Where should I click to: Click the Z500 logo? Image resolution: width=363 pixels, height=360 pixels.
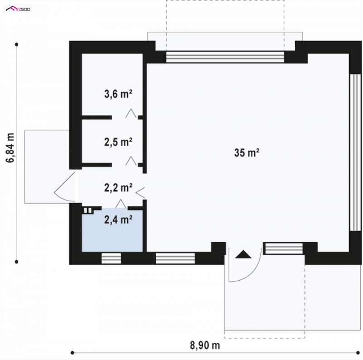pyautogui.click(x=18, y=9)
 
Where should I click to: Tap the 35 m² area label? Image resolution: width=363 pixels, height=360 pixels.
pyautogui.click(x=246, y=153)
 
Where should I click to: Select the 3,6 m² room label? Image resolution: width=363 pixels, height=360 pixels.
pyautogui.click(x=118, y=94)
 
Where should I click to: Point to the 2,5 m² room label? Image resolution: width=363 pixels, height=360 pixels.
pyautogui.click(x=118, y=142)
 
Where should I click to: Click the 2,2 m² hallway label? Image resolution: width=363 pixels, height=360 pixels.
pyautogui.click(x=118, y=188)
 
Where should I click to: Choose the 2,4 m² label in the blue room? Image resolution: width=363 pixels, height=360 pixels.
pyautogui.click(x=118, y=219)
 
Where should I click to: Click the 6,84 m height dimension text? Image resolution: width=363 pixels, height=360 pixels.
pyautogui.click(x=10, y=148)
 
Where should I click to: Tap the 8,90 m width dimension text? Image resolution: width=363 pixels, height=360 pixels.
pyautogui.click(x=205, y=345)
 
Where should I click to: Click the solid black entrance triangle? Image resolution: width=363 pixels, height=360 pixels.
pyautogui.click(x=243, y=254)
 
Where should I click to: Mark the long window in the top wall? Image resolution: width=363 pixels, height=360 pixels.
pyautogui.click(x=225, y=57)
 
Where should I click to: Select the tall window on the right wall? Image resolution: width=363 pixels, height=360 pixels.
pyautogui.click(x=355, y=152)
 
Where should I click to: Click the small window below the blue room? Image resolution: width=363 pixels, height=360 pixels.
pyautogui.click(x=111, y=258)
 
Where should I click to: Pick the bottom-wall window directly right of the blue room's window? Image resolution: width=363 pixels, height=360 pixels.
pyautogui.click(x=175, y=258)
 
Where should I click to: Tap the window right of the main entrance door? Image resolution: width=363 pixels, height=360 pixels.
pyautogui.click(x=284, y=248)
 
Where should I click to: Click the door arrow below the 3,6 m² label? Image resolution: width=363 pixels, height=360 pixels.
pyautogui.click(x=131, y=113)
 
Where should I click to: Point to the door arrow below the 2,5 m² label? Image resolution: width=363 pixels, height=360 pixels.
pyautogui.click(x=131, y=161)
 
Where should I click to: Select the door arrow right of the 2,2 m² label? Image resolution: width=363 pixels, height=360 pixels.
pyautogui.click(x=140, y=193)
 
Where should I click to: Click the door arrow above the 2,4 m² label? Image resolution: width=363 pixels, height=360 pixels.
pyautogui.click(x=121, y=204)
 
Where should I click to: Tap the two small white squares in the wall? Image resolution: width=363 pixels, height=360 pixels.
pyautogui.click(x=88, y=210)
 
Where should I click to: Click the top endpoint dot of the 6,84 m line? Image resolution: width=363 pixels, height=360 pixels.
pyautogui.click(x=16, y=44)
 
